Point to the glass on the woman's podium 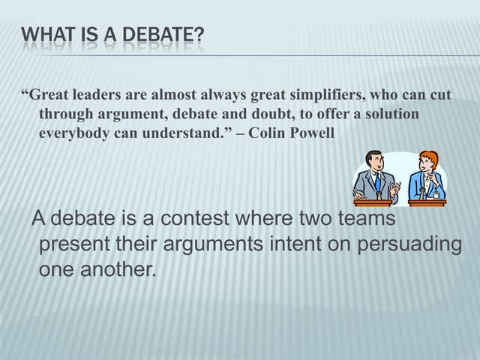click(436, 196)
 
